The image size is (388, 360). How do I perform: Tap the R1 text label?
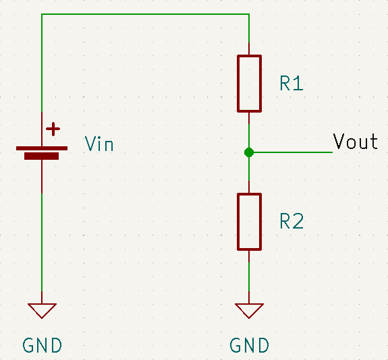pyautogui.click(x=292, y=83)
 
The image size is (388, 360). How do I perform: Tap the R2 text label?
pyautogui.click(x=292, y=221)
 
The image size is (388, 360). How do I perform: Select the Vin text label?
pyautogui.click(x=99, y=144)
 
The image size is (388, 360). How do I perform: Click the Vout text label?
pyautogui.click(x=355, y=141)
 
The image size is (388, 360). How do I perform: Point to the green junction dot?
pyautogui.click(x=249, y=152)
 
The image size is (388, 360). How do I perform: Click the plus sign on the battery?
pyautogui.click(x=53, y=129)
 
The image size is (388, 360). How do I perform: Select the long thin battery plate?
pyautogui.click(x=42, y=148)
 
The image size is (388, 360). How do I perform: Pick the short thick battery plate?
pyautogui.click(x=42, y=156)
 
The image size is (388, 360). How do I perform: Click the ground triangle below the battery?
pyautogui.click(x=42, y=311)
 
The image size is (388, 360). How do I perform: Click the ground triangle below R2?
pyautogui.click(x=249, y=311)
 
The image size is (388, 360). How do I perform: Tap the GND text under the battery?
pyautogui.click(x=42, y=345)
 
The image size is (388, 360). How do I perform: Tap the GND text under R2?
pyautogui.click(x=249, y=345)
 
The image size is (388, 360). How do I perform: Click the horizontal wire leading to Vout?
pyautogui.click(x=291, y=152)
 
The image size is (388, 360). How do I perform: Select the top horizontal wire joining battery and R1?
pyautogui.click(x=146, y=14)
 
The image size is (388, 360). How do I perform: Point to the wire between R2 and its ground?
pyautogui.click(x=249, y=276)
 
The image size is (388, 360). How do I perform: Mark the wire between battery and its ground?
pyautogui.click(x=42, y=242)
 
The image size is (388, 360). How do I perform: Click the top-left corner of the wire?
pyautogui.click(x=42, y=14)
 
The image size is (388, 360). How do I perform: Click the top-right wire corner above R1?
pyautogui.click(x=249, y=14)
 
